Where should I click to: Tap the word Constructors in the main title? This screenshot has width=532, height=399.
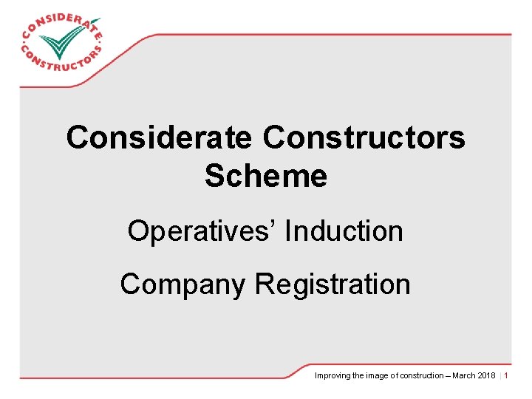[364, 138]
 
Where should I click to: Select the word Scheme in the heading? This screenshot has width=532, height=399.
[266, 176]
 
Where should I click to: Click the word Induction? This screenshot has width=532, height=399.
[344, 231]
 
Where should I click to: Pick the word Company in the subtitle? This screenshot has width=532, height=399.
[183, 284]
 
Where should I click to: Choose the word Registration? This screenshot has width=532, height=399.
[332, 284]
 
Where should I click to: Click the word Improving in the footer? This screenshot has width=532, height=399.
[331, 376]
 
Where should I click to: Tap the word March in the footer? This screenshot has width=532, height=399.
[464, 376]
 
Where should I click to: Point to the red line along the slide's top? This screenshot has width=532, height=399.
[332, 34]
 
